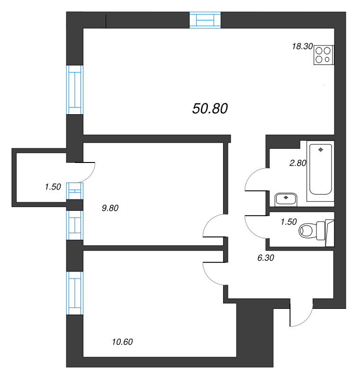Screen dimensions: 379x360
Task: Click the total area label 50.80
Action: [210, 108]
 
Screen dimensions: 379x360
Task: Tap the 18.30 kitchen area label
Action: [302, 46]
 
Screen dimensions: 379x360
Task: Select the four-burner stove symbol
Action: [324, 54]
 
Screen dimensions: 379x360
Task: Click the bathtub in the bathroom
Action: [321, 170]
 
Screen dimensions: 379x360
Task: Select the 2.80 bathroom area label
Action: [298, 163]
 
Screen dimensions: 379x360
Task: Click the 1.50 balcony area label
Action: [53, 187]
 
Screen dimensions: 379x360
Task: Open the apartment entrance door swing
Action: [301, 315]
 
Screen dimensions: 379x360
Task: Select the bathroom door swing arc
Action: [256, 180]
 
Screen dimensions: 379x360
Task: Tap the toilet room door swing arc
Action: [256, 226]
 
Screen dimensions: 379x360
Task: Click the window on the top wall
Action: [205, 20]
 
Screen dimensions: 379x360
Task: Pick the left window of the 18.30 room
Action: [74, 89]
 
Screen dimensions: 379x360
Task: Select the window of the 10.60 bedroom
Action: [74, 294]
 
